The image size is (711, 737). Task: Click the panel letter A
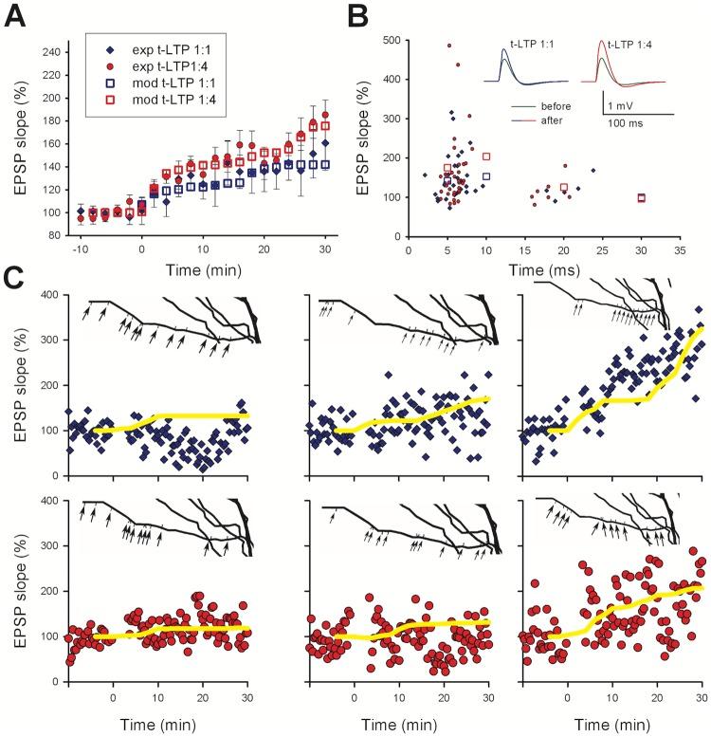[x=16, y=16]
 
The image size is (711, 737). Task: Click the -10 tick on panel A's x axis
[x=80, y=248]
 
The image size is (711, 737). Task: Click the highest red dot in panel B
[x=449, y=45]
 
